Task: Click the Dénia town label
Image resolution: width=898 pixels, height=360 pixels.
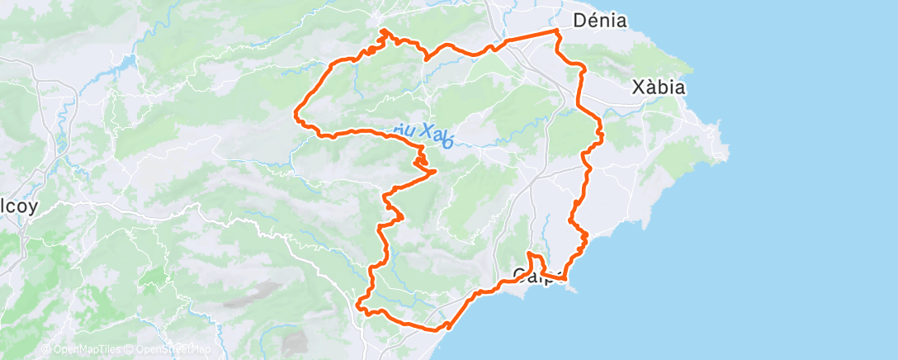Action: click(x=600, y=20)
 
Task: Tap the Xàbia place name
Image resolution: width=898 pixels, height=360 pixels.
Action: click(x=659, y=87)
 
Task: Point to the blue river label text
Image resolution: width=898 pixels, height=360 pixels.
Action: click(x=423, y=134)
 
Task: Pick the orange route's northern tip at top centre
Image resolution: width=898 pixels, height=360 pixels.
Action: click(x=383, y=31)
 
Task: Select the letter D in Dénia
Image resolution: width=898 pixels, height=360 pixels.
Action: click(x=579, y=20)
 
